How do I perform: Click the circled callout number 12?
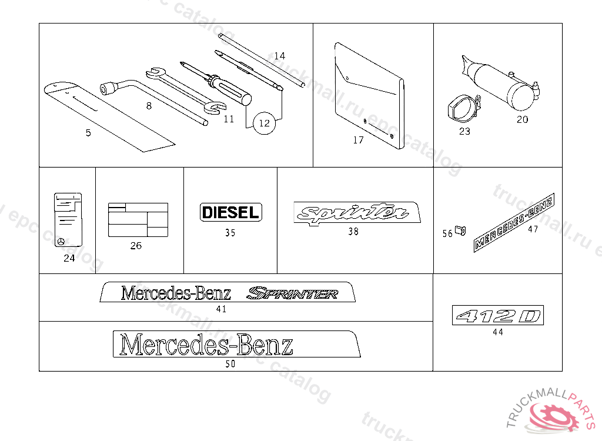click(264, 123)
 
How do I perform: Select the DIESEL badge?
click(231, 212)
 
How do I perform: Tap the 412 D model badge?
click(498, 316)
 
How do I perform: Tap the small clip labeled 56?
click(461, 229)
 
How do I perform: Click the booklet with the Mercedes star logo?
click(68, 218)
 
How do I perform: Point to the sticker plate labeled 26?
click(138, 220)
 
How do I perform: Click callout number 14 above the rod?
click(279, 56)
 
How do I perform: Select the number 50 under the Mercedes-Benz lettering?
click(230, 364)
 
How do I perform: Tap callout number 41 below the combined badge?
click(221, 309)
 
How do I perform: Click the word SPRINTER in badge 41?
click(292, 293)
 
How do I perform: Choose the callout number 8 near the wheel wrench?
click(149, 106)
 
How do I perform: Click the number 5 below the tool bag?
click(88, 133)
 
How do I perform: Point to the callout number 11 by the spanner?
click(229, 119)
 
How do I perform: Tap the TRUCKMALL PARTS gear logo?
click(553, 413)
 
